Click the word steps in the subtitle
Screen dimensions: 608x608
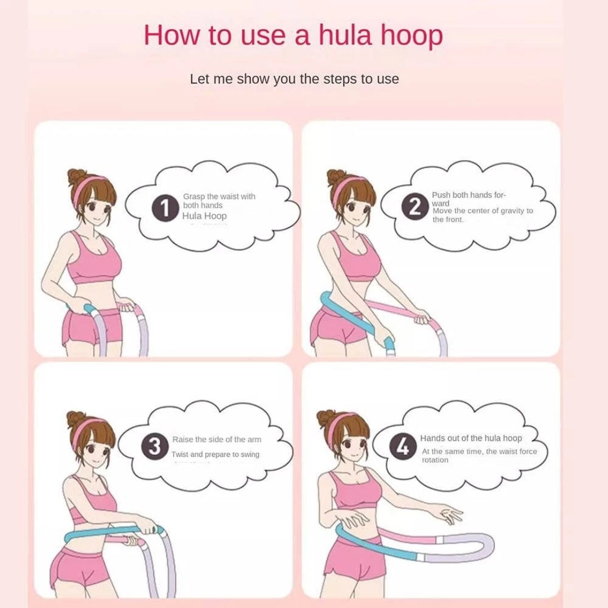(339, 79)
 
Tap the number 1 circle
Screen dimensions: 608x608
(165, 210)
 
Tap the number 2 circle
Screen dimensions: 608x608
(415, 207)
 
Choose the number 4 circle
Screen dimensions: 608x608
(403, 448)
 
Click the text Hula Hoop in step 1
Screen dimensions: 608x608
(204, 216)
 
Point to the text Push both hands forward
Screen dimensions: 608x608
(468, 199)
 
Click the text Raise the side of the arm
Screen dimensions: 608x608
(217, 440)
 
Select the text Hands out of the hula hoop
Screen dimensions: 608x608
(471, 438)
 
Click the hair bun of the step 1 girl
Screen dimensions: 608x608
(77, 176)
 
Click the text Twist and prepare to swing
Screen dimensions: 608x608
(216, 454)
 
